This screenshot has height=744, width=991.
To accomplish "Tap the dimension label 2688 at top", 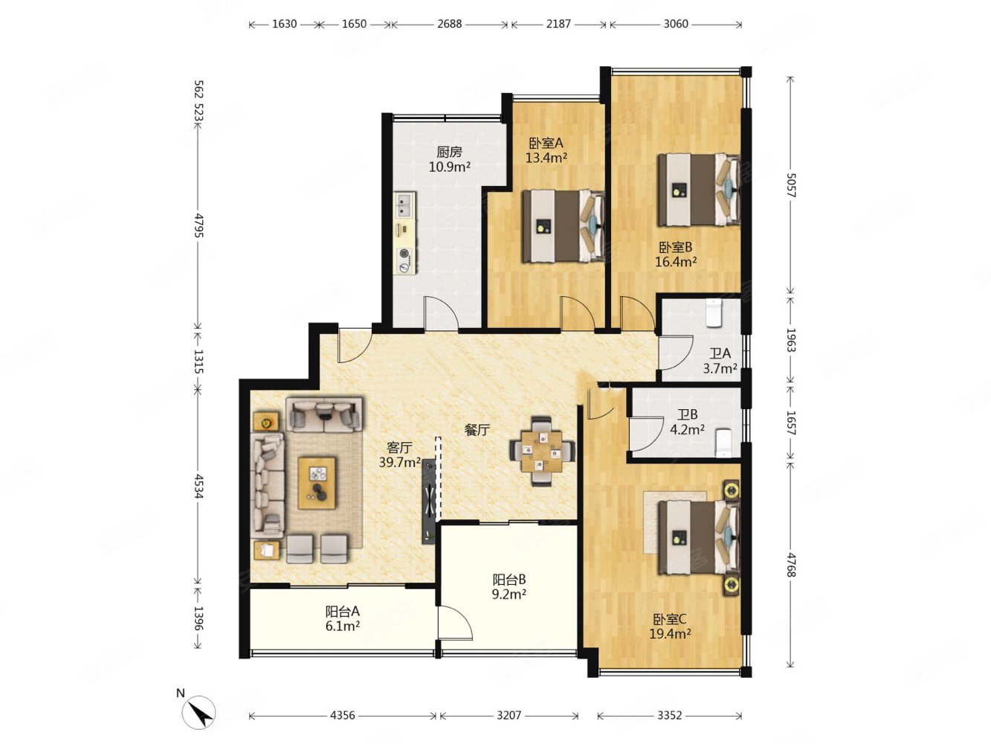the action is (449, 24).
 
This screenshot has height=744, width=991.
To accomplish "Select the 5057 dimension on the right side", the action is (790, 185).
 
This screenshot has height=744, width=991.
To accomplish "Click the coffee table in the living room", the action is (317, 483).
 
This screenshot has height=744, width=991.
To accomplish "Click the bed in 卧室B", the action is (698, 190).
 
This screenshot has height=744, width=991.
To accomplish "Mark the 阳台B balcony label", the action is (509, 579).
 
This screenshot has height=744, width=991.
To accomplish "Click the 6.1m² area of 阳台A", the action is (343, 626).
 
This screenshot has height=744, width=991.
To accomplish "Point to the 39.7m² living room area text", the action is (400, 463).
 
